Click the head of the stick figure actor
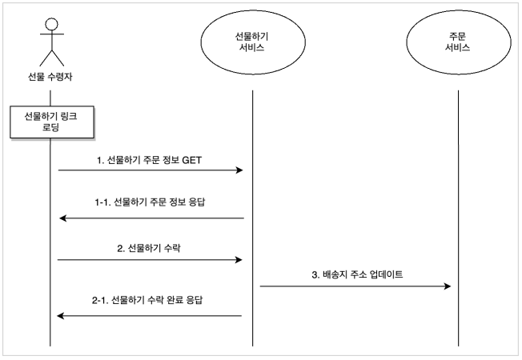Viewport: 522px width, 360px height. (x=52, y=24)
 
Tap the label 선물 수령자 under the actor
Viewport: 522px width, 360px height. (x=50, y=77)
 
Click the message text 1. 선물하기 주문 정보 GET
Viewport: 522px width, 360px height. (x=149, y=160)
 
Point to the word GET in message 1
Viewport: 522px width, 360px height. (x=192, y=160)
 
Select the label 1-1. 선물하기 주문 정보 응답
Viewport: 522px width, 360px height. (x=151, y=202)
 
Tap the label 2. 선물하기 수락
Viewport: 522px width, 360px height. (x=149, y=248)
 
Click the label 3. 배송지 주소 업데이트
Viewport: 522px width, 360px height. (x=357, y=274)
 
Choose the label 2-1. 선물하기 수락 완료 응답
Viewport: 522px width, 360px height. (x=147, y=300)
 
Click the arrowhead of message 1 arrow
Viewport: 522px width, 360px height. (x=239, y=170)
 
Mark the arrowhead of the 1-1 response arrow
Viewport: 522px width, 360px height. (x=63, y=218)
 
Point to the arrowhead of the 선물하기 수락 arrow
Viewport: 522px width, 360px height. (x=239, y=260)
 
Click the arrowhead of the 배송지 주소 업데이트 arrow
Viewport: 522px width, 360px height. (x=447, y=286)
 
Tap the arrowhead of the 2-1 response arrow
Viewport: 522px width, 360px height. (x=61, y=316)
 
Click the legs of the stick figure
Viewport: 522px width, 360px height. (x=52, y=58)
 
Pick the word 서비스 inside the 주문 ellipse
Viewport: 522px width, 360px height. (x=458, y=47)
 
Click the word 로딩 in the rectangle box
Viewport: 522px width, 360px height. (x=50, y=127)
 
